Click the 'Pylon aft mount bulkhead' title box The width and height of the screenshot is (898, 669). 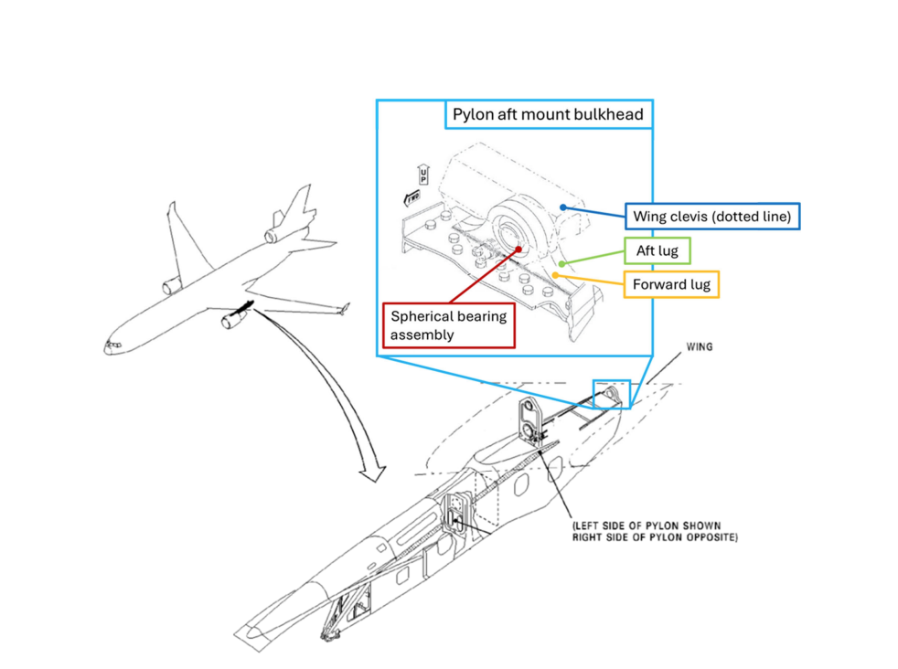[549, 114]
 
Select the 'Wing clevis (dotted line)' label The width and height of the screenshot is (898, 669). [711, 217]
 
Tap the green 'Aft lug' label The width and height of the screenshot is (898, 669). [657, 250]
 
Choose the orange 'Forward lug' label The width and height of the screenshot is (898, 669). [671, 284]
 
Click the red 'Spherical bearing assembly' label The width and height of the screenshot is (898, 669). [448, 325]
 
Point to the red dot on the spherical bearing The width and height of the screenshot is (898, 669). [518, 250]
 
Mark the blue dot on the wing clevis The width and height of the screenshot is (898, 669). [563, 207]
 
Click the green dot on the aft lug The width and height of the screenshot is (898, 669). [562, 264]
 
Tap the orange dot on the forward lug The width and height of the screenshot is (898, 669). [555, 276]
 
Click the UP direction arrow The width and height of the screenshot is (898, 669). [423, 174]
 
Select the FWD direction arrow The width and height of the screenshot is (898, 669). [412, 198]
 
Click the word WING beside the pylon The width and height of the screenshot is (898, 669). [700, 346]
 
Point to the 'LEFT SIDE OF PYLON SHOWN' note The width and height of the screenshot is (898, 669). [647, 526]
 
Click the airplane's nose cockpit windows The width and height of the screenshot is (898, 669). [112, 345]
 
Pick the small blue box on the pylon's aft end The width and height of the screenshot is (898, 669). [612, 394]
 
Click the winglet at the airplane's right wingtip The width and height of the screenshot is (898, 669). [344, 309]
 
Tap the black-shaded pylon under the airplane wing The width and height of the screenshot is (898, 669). [241, 309]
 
